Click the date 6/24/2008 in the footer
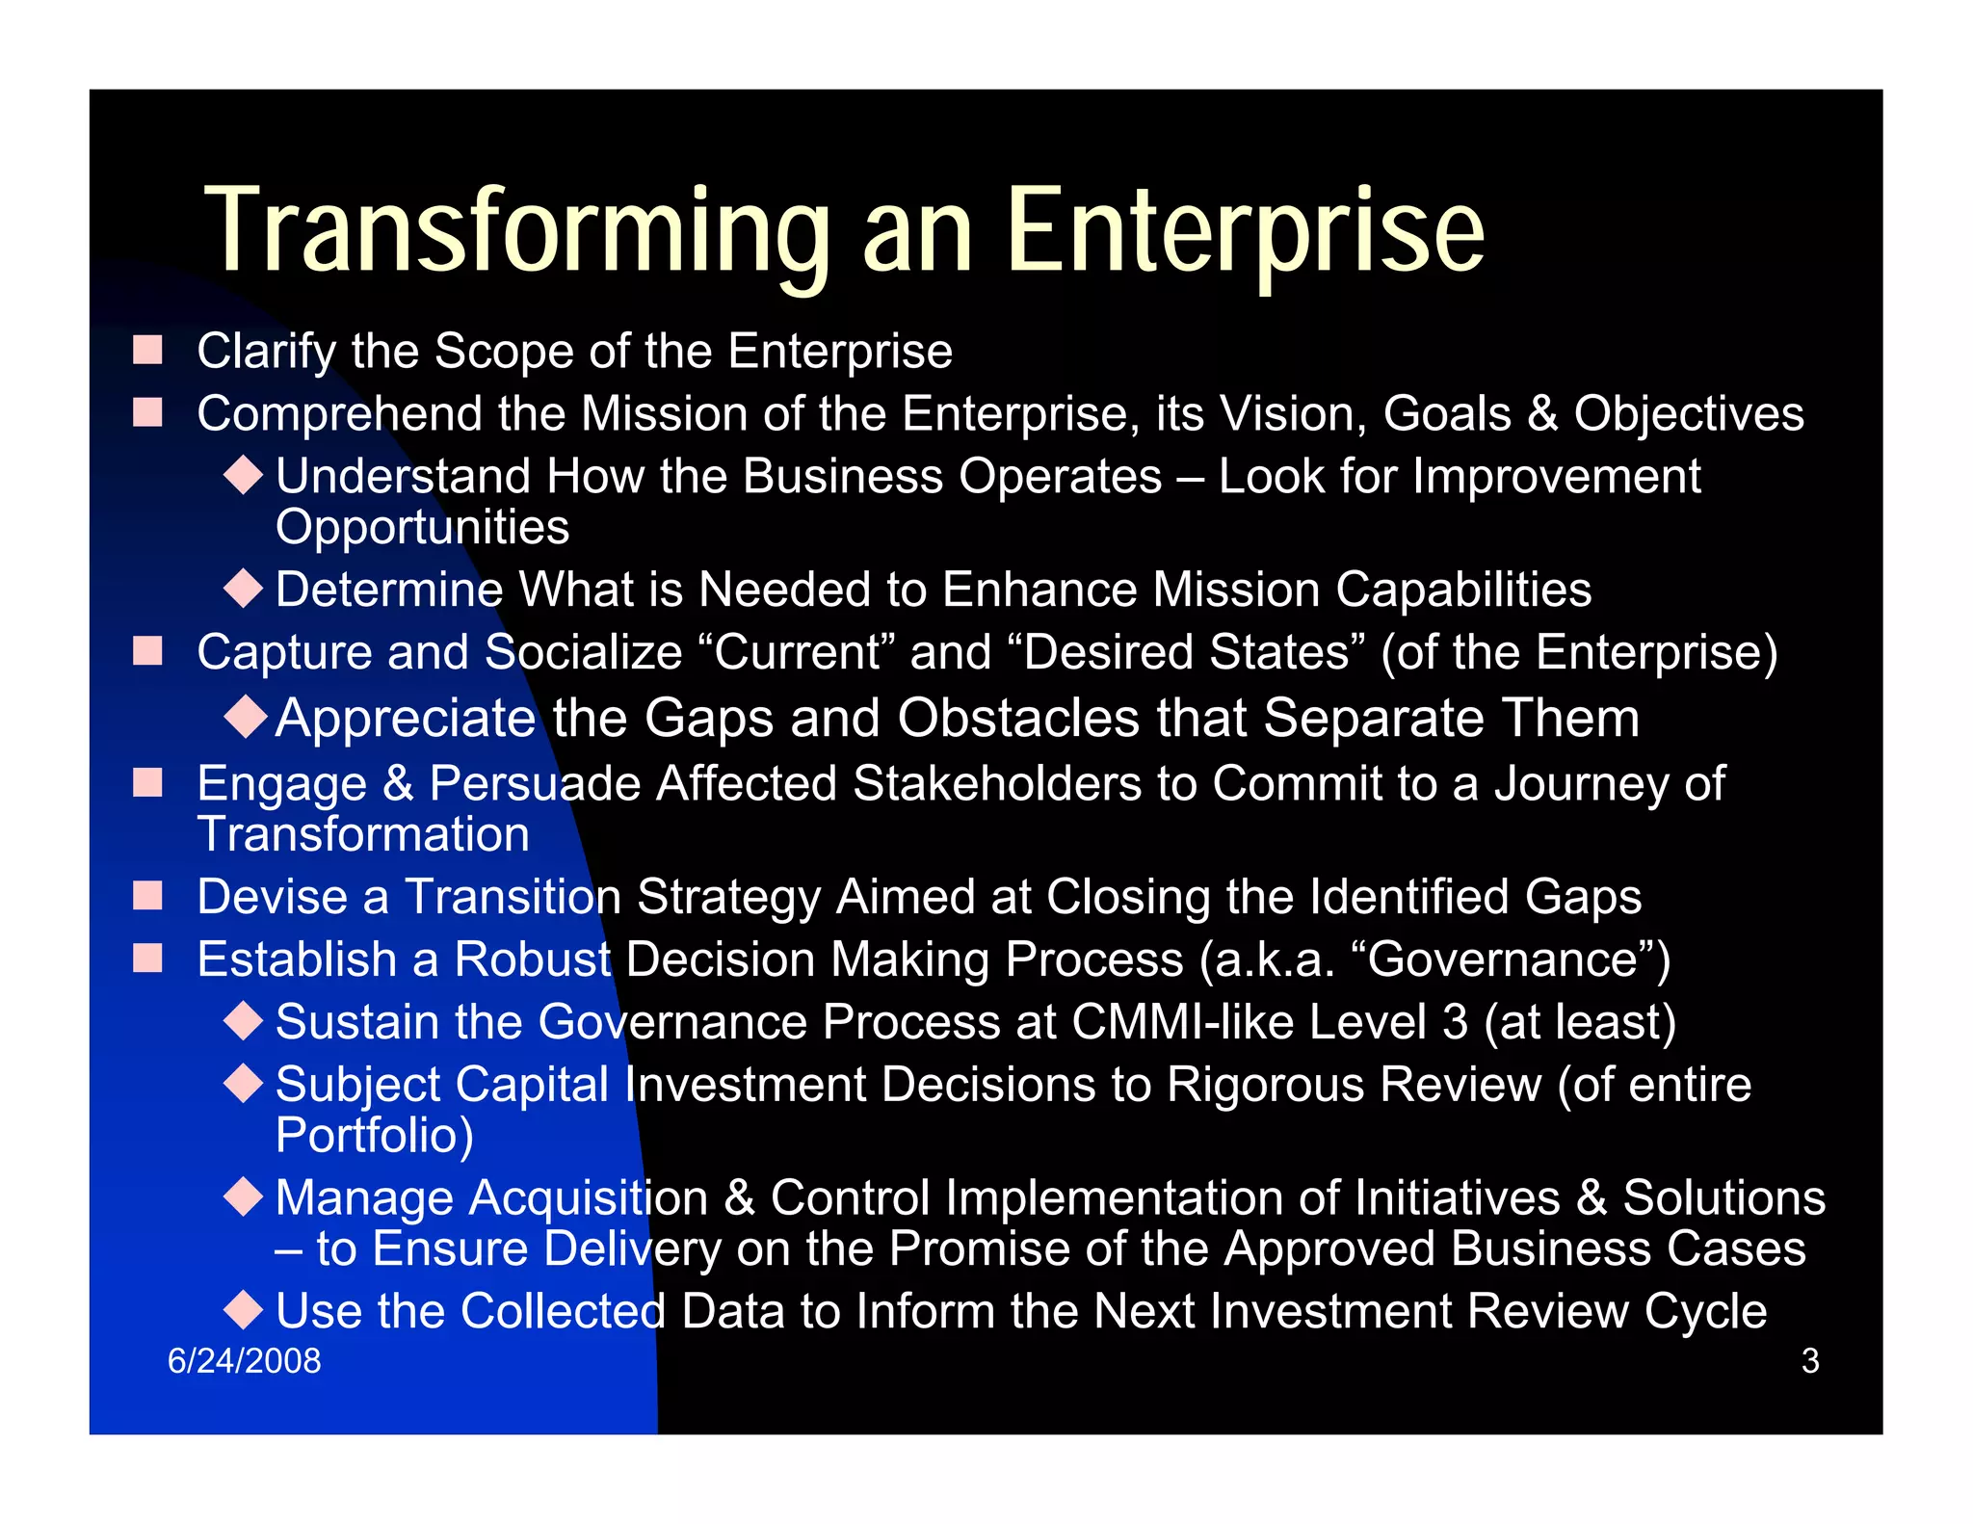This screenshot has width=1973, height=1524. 244,1361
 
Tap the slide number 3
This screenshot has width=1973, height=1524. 1810,1361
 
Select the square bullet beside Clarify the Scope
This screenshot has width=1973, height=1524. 147,350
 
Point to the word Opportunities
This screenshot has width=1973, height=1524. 422,527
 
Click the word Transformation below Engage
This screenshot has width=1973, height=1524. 363,834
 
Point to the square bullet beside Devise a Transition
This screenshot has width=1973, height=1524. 147,896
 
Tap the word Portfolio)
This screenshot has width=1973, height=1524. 374,1136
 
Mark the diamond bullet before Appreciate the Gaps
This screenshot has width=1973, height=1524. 245,717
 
